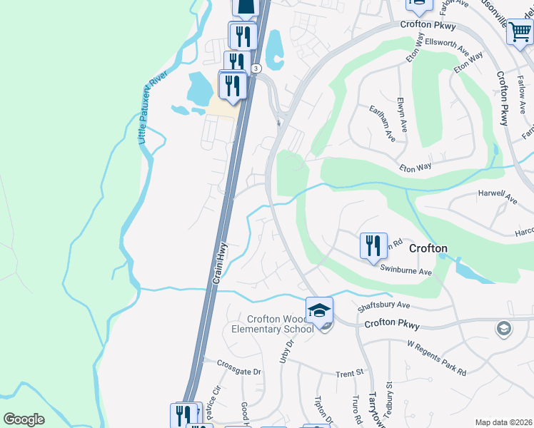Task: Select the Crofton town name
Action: coord(428,248)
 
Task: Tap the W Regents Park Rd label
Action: coord(436,358)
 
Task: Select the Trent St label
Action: coord(350,373)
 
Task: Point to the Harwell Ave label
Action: coord(497,197)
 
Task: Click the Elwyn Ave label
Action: coord(403,114)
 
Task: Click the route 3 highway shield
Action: coord(257,68)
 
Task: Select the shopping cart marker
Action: coord(520,31)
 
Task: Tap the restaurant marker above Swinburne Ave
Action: coord(373,246)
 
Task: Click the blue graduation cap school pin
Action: coord(319,310)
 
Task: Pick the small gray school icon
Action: coord(503,328)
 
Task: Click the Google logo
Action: coord(24,419)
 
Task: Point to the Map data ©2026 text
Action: coord(503,422)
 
